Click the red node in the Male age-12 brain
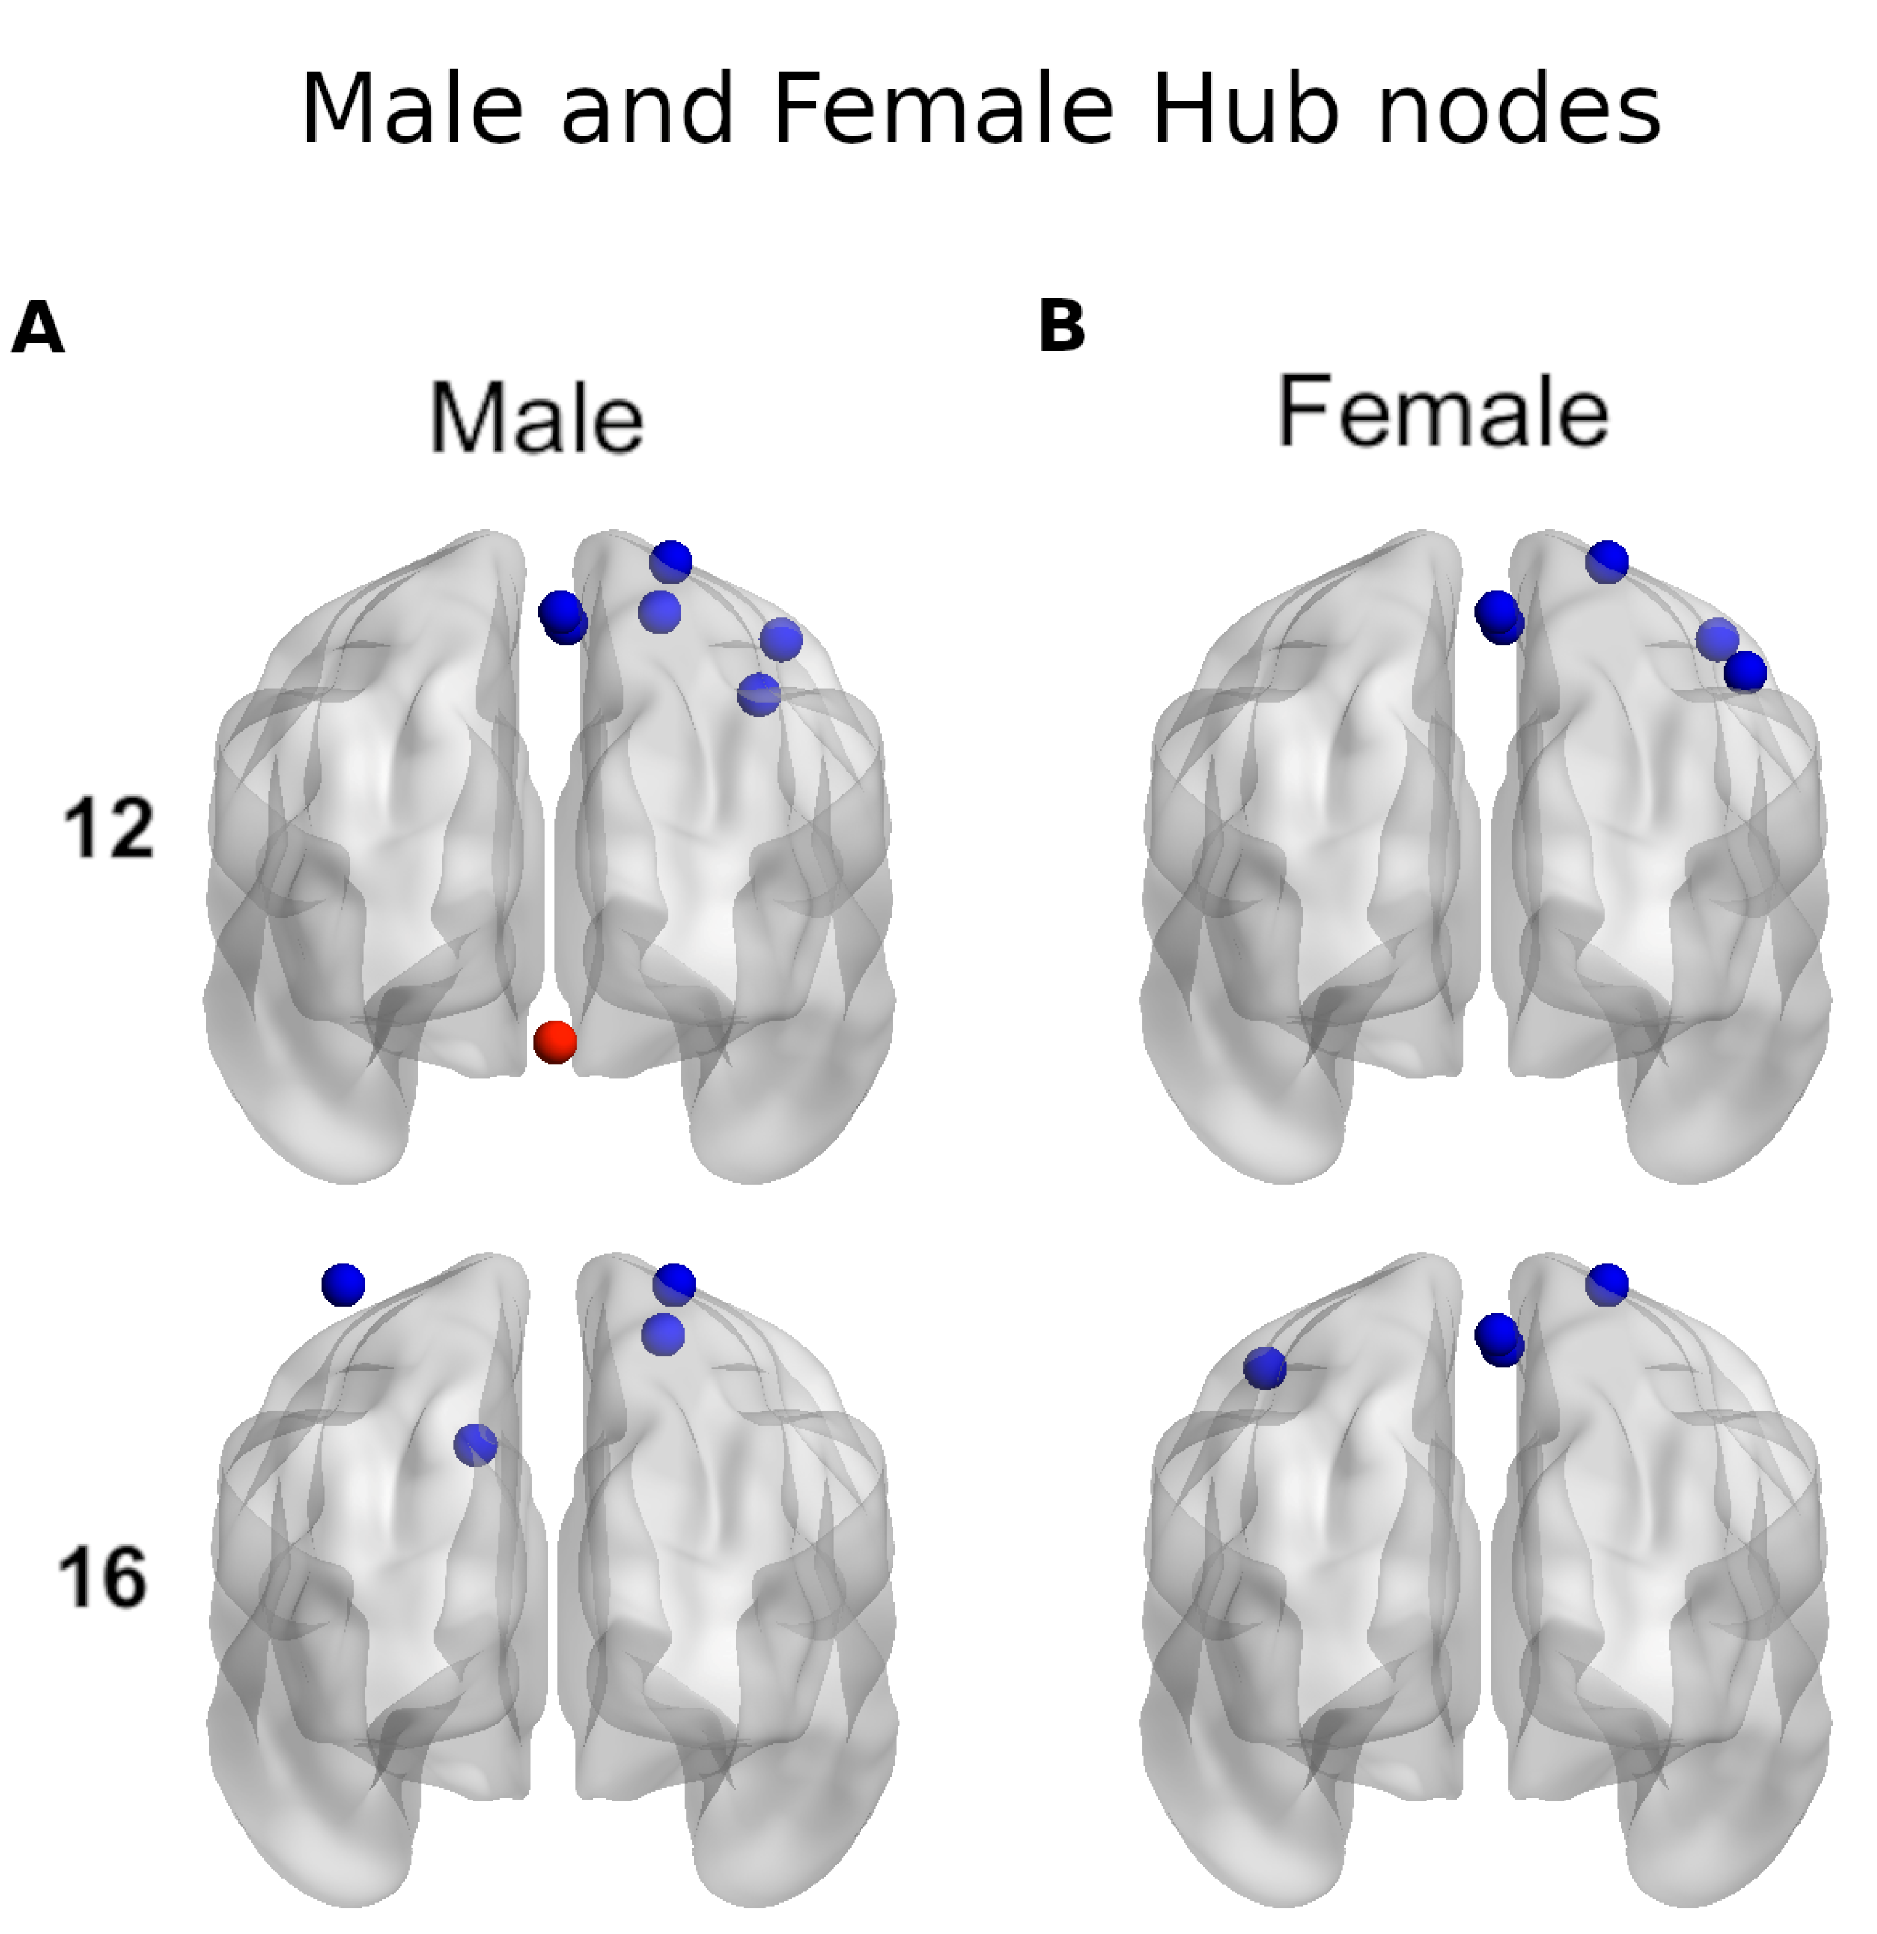point(555,1042)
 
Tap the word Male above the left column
point(537,418)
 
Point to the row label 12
point(108,829)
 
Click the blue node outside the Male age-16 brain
point(343,1285)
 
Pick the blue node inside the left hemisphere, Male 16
point(476,1446)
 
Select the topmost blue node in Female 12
point(1607,561)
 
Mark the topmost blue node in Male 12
point(671,561)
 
